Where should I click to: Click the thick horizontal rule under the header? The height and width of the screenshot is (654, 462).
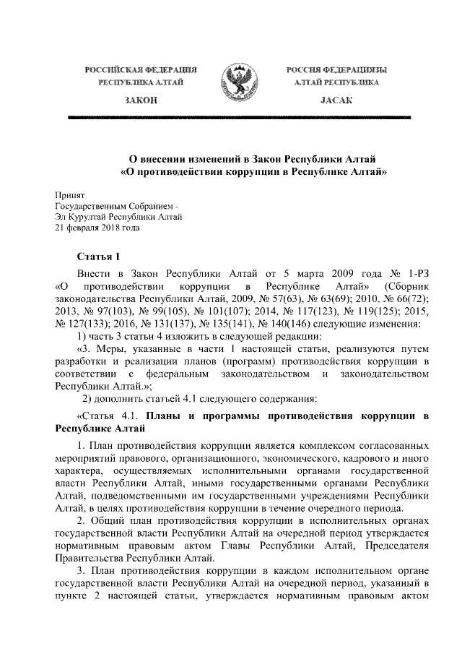[x=231, y=116]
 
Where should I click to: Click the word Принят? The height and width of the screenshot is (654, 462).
[x=70, y=195]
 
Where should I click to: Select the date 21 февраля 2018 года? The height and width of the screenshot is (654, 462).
[x=97, y=226]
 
